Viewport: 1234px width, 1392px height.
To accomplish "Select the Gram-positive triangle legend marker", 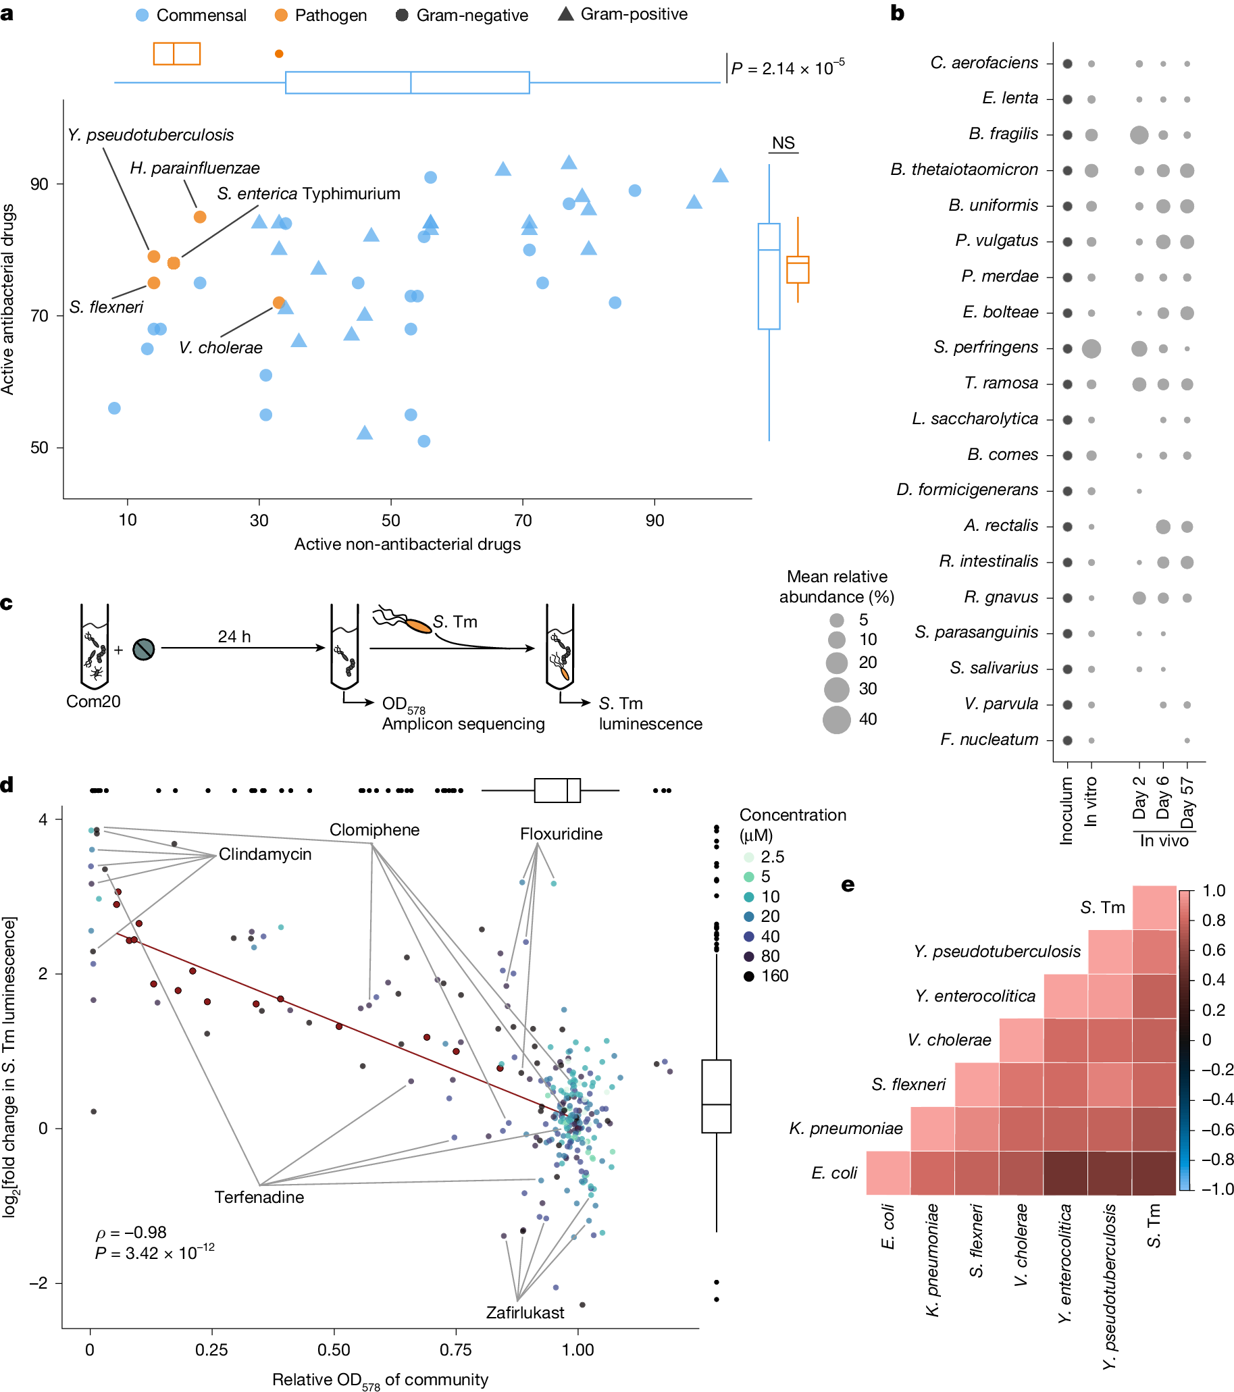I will [x=565, y=14].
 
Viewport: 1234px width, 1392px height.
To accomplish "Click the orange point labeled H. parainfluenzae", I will [x=199, y=217].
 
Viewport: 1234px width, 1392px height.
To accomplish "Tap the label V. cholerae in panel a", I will [x=221, y=348].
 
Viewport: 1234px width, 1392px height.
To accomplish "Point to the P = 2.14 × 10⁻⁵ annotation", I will [x=788, y=68].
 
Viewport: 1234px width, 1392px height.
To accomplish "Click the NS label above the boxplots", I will [x=783, y=143].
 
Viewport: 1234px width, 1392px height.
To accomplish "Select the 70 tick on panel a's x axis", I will [x=522, y=520].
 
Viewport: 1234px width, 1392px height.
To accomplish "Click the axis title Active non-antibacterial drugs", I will [x=407, y=544].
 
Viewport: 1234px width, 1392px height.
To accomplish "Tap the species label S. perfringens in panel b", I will [x=985, y=347].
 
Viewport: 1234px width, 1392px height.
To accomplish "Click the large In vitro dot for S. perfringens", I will [x=1091, y=349].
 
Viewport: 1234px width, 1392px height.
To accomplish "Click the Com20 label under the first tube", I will [x=93, y=702].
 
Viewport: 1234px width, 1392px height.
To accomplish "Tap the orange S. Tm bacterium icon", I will [x=418, y=625].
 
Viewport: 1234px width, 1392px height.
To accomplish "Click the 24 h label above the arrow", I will [x=234, y=636].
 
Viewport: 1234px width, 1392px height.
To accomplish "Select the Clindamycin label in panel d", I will [x=265, y=854].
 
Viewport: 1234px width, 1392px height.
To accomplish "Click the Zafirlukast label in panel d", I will [x=525, y=1312].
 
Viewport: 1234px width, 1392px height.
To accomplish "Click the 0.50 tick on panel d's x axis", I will [x=334, y=1349].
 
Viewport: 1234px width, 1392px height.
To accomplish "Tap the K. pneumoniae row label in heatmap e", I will [x=846, y=1129].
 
